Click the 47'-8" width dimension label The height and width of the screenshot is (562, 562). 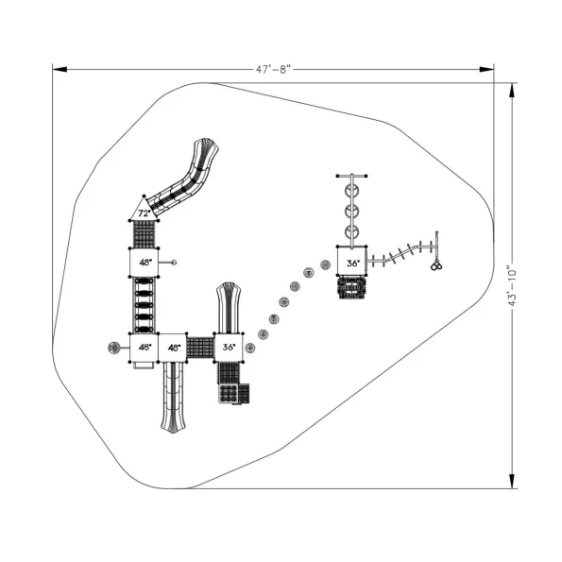click(273, 69)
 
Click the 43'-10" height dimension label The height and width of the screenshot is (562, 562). click(512, 285)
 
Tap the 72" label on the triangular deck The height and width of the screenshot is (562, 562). click(145, 213)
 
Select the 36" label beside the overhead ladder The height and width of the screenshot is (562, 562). click(352, 264)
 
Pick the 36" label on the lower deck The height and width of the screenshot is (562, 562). click(229, 347)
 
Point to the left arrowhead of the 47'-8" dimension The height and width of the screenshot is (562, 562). click(60, 69)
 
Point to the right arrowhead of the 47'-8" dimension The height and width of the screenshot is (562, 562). click(486, 69)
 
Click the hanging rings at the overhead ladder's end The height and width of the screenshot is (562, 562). click(436, 266)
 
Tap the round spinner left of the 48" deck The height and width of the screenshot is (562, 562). click(113, 348)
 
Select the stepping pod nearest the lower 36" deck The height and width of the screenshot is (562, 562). click(249, 348)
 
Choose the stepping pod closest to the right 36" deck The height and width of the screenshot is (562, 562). click(326, 265)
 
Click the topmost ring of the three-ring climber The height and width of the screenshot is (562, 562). click(351, 191)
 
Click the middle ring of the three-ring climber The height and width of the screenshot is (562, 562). click(351, 212)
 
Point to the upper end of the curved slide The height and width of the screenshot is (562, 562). click(206, 145)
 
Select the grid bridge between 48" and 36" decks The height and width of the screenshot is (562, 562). click(200, 347)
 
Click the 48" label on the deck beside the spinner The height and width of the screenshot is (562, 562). click(145, 347)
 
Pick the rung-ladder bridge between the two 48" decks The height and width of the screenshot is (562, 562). click(145, 305)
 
